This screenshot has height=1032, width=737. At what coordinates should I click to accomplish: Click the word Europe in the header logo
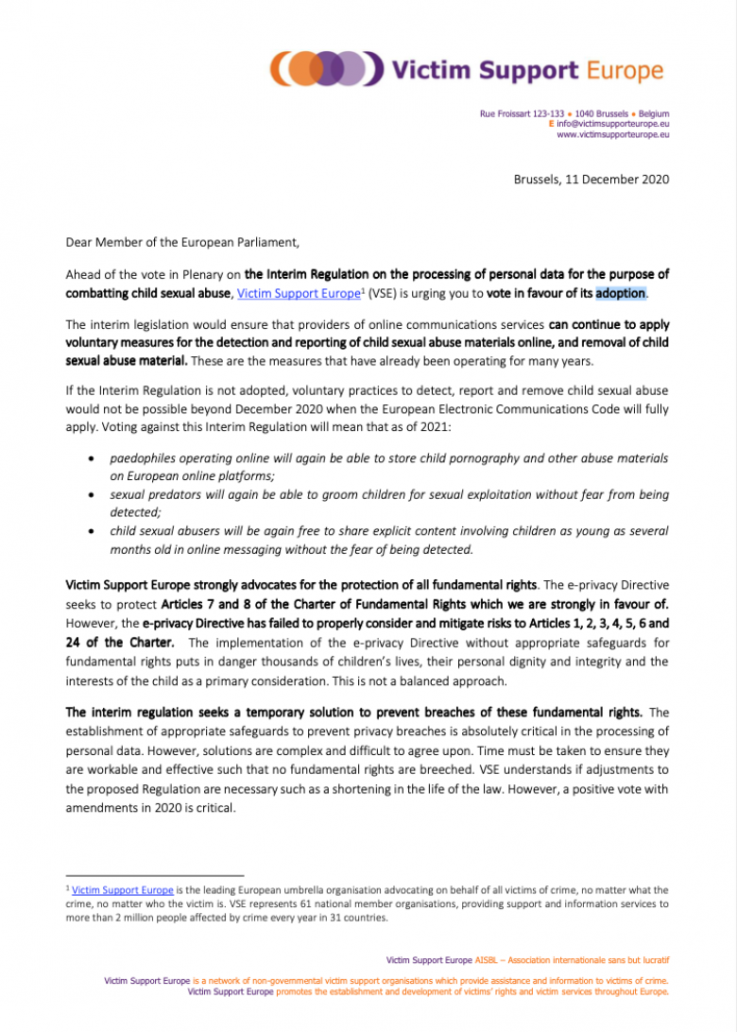[x=626, y=69]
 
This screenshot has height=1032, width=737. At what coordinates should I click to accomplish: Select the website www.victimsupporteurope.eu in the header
[x=613, y=134]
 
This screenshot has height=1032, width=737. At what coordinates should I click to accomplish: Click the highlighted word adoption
[x=620, y=294]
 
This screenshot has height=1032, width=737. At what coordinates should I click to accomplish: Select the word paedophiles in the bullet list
[x=145, y=457]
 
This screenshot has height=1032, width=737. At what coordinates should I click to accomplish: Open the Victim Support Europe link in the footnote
[x=122, y=889]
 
